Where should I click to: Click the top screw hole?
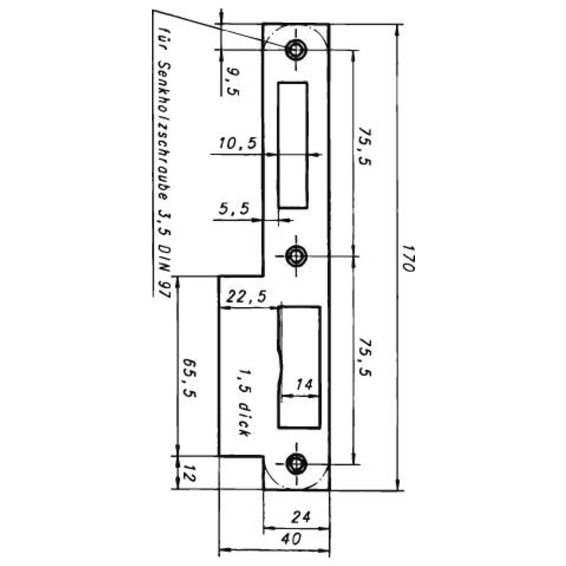pos(296,49)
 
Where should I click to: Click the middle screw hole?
pos(296,256)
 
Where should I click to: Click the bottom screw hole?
pos(297,464)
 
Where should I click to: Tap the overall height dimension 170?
pos(408,259)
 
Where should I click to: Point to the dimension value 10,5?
pos(238,143)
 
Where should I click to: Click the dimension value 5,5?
pos(234,209)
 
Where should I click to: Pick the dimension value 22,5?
pos(246,297)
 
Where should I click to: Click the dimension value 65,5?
pos(189,378)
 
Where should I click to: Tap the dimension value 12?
pos(188,473)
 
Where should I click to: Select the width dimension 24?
pos(301,517)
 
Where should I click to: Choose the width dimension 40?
pos(291,539)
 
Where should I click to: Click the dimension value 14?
pos(303,385)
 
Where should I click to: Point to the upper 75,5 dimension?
pos(364,145)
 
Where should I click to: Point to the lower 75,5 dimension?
pos(364,357)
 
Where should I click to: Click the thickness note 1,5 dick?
pos(243,402)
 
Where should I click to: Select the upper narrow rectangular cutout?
pos(293,145)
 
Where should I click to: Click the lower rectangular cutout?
pos(299,367)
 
